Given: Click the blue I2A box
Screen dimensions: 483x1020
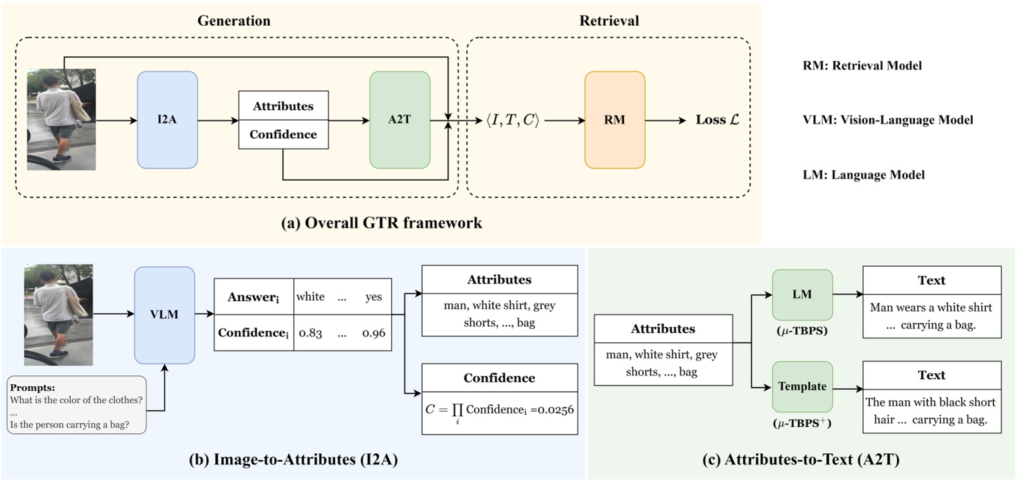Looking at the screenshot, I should coord(167,120).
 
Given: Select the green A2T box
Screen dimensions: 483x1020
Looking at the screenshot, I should coord(399,120).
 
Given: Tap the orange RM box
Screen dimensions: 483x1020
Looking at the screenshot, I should coord(614,120).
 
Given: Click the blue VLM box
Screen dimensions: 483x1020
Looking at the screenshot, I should coord(164,314).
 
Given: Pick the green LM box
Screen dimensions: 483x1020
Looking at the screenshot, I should coord(802,294).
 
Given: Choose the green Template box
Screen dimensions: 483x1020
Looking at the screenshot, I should coord(802,386).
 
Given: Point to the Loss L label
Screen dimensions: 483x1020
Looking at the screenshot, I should coord(717,120).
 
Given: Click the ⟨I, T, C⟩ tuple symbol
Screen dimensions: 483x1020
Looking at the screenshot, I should coord(513,120).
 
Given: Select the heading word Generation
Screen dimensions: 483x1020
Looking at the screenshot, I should coord(234,21).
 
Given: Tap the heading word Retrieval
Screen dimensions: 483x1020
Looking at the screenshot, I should coord(609,21).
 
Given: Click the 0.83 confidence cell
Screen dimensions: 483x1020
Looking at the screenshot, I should coord(310,333).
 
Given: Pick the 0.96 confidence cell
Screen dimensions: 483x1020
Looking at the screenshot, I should coord(374,333).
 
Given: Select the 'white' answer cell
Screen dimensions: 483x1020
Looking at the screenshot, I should coord(310,297).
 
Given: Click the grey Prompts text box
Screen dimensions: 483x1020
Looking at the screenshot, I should coord(76,406).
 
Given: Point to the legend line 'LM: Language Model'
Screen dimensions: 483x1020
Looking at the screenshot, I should coord(863,175).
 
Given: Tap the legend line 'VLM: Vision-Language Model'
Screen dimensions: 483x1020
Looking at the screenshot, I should coord(887,120).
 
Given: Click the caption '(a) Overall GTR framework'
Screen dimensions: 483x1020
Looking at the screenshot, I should coord(381,223).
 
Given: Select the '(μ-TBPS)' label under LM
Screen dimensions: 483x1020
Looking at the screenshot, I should coord(802,331).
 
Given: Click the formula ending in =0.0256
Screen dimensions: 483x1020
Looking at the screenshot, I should coord(499,411).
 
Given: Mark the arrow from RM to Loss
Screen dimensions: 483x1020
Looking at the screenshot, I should coord(665,120).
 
